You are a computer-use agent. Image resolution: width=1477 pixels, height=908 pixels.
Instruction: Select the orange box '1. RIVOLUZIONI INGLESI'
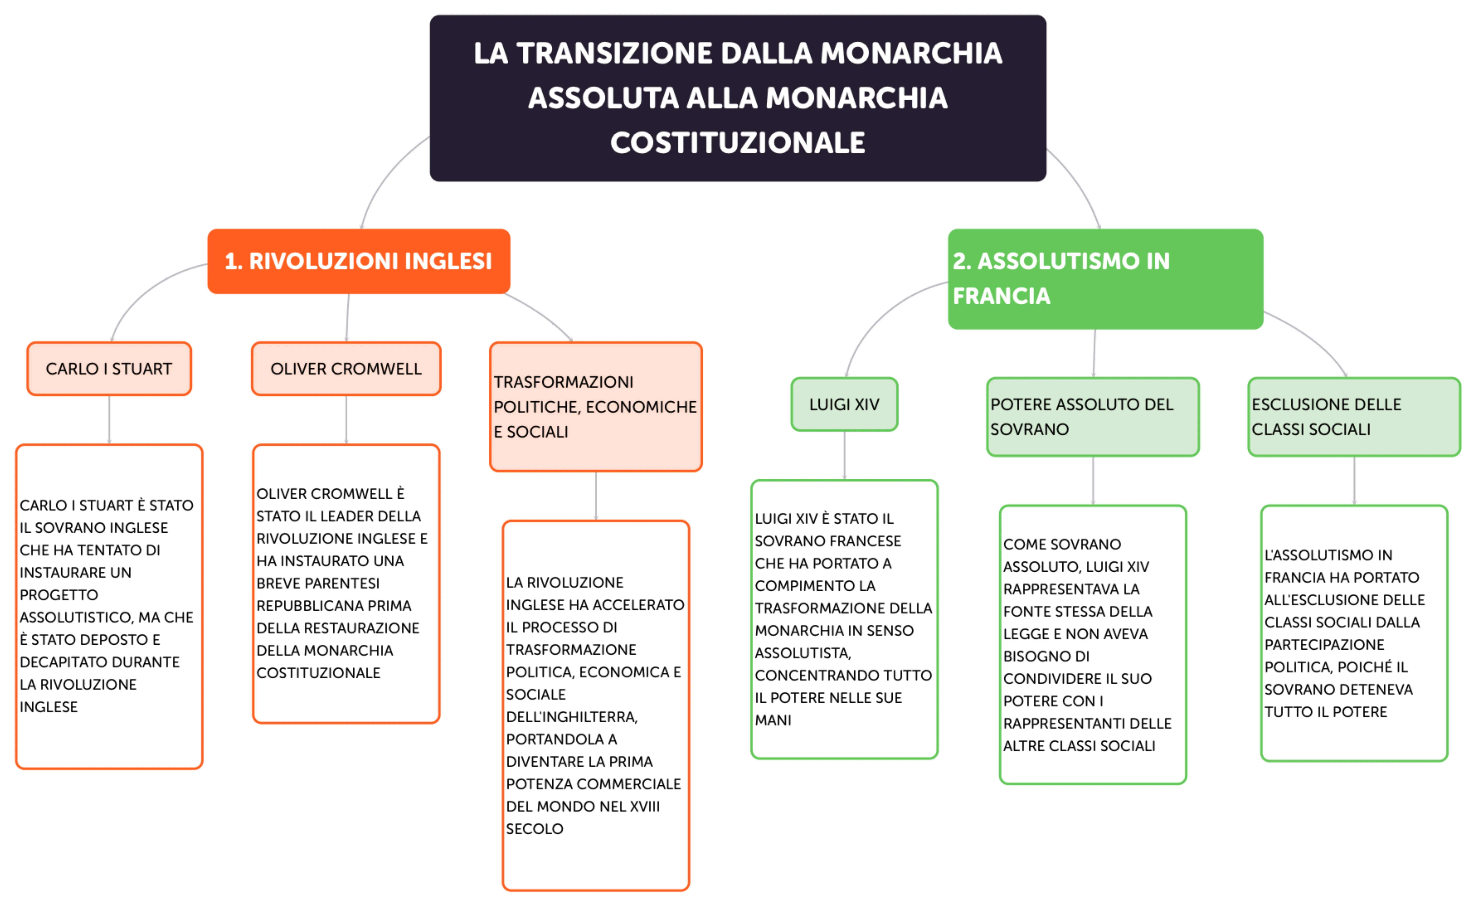click(x=358, y=261)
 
